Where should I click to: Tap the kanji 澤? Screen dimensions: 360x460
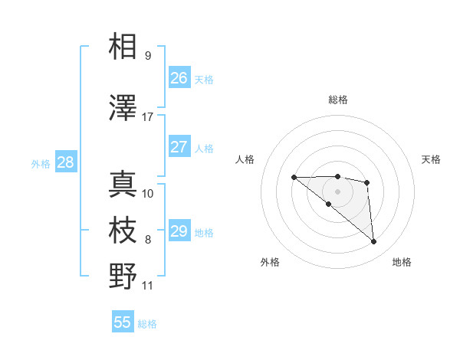[x=123, y=108]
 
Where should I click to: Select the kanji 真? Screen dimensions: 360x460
[x=123, y=184]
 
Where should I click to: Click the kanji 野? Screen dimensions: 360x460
[x=123, y=276]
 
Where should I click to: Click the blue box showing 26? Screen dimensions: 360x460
[x=179, y=77]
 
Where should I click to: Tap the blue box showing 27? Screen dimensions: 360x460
[x=179, y=147]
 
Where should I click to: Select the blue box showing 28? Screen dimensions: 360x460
[x=65, y=162]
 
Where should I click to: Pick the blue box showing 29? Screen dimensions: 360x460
[x=179, y=231]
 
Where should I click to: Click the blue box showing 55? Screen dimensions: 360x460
[x=123, y=322]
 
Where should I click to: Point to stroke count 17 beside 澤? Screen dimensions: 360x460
[x=148, y=117]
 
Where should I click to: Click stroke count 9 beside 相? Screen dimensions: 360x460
[x=148, y=56]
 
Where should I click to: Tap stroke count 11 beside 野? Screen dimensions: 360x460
[x=148, y=286]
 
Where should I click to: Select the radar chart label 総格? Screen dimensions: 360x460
[x=338, y=100]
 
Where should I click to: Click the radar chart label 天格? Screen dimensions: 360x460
[x=431, y=159]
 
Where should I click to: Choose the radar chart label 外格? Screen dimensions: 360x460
[x=270, y=262]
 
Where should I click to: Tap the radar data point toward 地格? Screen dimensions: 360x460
[x=374, y=242]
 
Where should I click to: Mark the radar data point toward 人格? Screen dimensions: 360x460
[x=294, y=178]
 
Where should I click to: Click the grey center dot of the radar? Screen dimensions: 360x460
[x=338, y=191]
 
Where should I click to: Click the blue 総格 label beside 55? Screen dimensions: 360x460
[x=147, y=324]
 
